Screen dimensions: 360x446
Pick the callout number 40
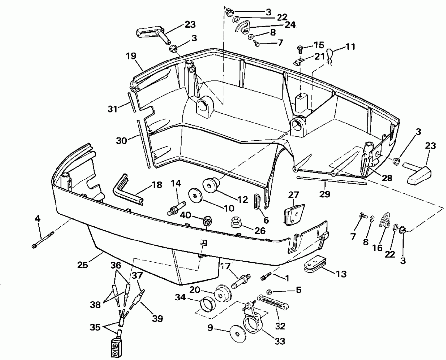(x=185, y=215)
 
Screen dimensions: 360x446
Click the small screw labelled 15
(x=300, y=48)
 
